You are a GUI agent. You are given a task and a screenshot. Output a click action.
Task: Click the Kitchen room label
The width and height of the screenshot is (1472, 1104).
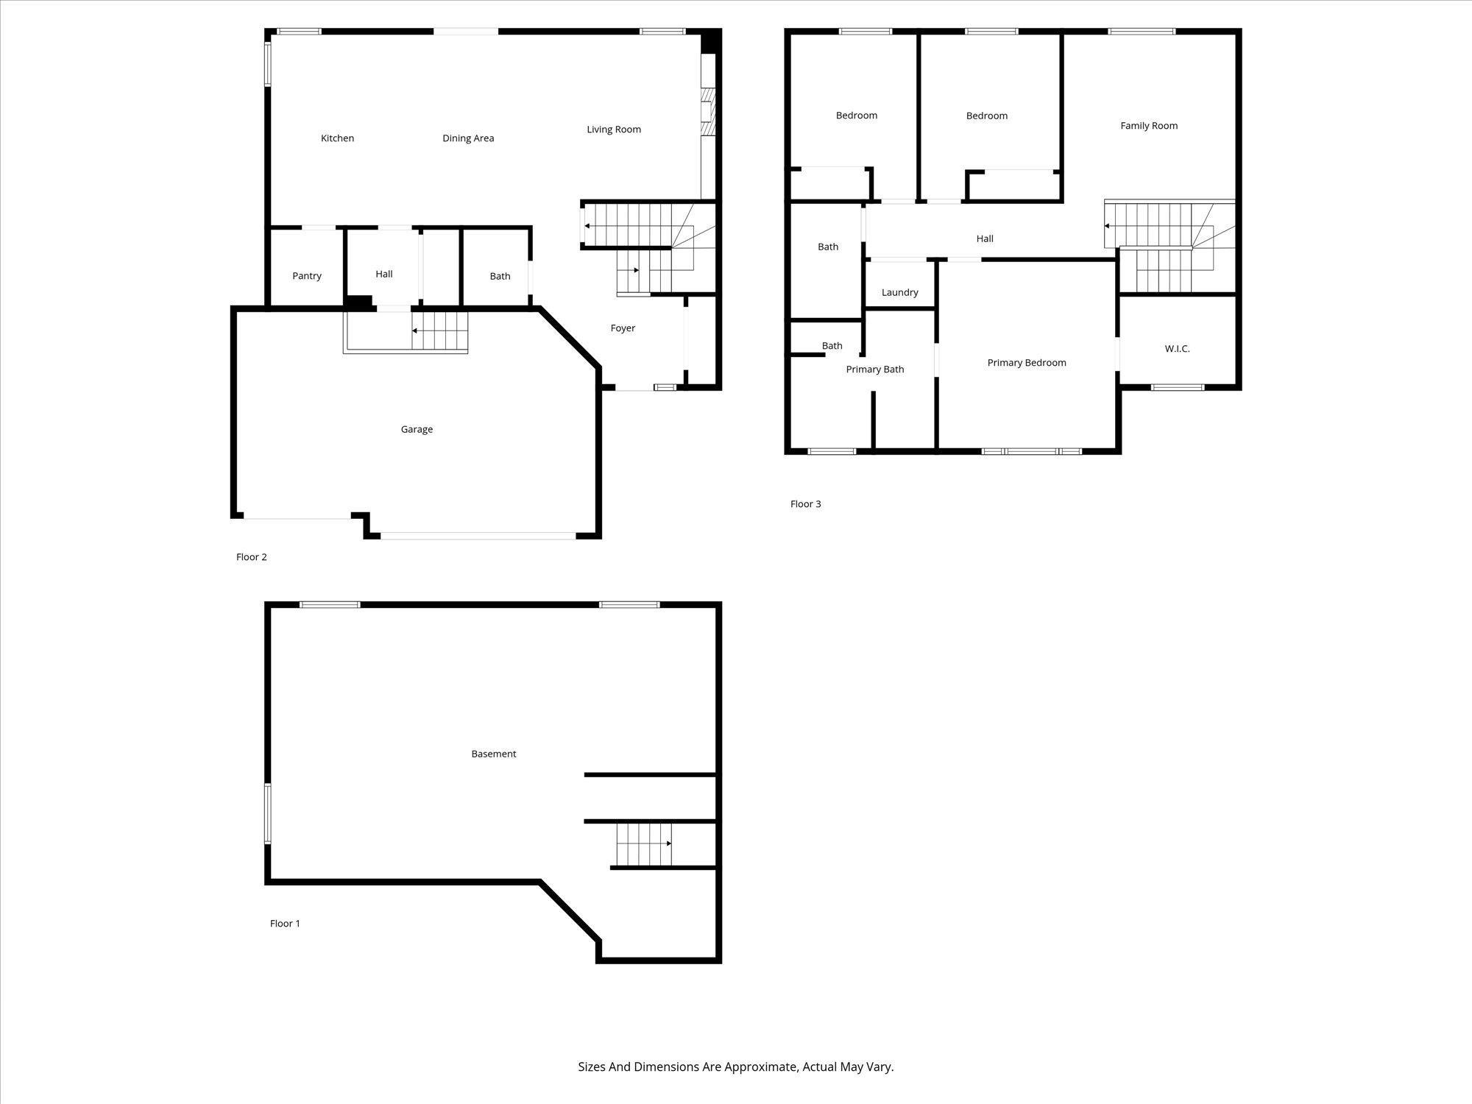337,138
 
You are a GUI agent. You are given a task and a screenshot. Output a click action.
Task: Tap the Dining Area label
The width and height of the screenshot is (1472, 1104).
468,138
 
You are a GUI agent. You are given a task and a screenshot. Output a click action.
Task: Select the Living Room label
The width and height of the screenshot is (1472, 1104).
614,130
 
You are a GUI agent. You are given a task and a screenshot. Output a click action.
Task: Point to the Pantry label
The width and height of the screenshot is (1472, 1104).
307,276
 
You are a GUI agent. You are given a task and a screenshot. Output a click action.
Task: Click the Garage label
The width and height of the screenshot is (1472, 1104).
417,429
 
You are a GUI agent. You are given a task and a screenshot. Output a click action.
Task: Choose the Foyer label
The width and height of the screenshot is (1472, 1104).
623,328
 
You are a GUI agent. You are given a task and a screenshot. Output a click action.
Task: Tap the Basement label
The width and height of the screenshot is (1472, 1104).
494,754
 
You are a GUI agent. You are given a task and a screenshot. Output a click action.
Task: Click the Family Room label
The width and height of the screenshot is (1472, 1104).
1149,126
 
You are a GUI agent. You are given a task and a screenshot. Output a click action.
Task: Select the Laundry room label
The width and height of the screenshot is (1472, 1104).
899,293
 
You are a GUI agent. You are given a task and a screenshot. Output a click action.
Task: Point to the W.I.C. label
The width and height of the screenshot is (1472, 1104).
1177,349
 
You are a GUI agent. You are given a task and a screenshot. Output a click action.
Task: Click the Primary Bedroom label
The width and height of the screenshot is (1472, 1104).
1027,363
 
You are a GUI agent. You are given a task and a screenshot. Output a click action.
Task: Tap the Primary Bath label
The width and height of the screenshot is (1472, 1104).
875,369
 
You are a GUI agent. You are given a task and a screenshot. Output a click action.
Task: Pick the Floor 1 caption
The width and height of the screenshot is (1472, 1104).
285,924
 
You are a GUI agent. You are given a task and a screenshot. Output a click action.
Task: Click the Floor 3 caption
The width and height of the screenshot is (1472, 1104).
805,504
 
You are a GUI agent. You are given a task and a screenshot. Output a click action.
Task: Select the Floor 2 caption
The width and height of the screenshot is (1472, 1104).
251,557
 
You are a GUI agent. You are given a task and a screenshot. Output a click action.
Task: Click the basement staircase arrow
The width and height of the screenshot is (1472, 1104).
645,843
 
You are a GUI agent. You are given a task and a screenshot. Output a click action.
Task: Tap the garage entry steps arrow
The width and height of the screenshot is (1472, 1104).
439,331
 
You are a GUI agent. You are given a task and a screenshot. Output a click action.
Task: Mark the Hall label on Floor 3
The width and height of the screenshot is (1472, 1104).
985,238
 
